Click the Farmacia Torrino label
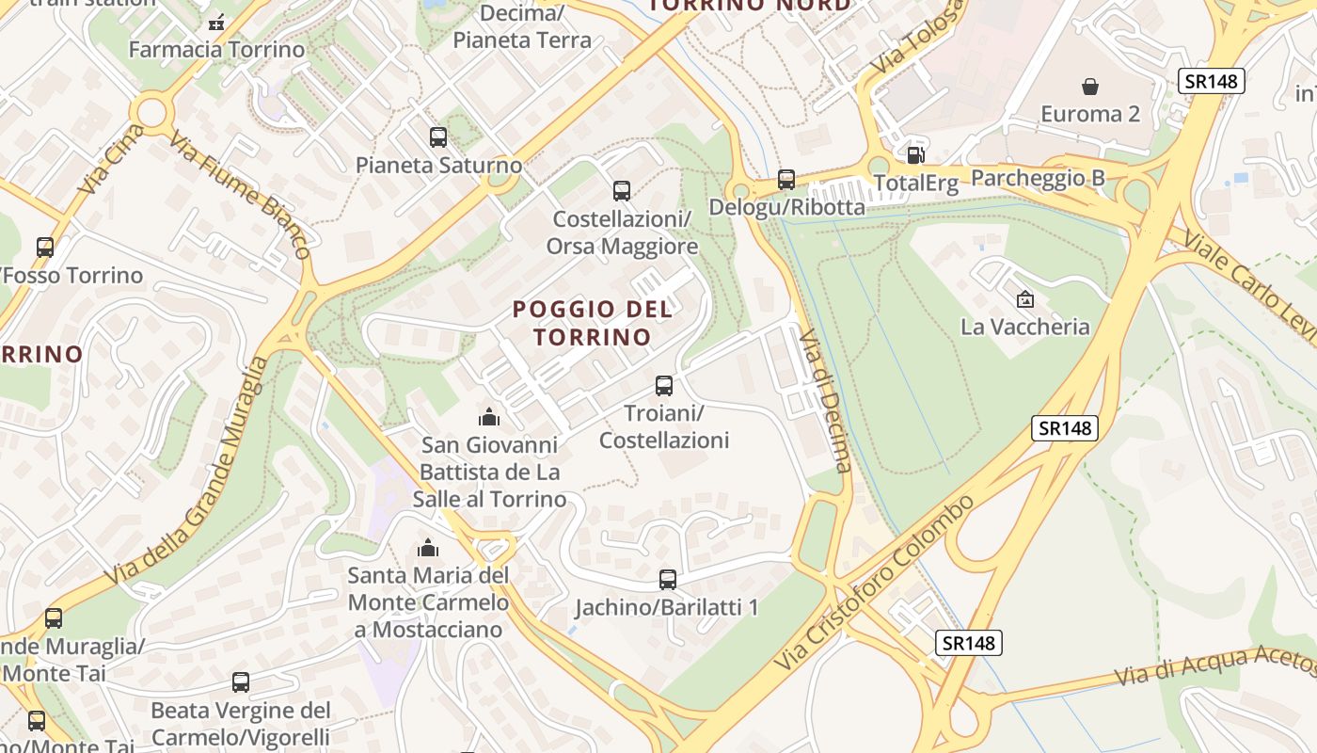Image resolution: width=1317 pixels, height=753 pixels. (x=216, y=49)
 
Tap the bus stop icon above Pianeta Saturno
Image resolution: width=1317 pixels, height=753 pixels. (x=438, y=136)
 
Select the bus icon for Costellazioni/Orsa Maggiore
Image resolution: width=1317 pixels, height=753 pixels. (x=622, y=191)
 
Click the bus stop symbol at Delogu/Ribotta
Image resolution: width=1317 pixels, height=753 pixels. (x=786, y=179)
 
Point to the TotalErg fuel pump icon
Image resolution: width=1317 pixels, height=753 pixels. (x=914, y=154)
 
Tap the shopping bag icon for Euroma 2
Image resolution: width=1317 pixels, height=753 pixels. (x=1090, y=88)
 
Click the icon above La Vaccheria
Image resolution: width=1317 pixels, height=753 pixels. (x=1025, y=299)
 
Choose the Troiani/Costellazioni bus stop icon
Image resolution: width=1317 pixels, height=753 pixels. (x=664, y=385)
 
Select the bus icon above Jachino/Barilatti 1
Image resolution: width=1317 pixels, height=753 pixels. (x=668, y=579)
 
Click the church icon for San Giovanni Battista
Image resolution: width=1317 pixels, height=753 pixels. (x=489, y=416)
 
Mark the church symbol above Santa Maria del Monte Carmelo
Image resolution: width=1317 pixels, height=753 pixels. (x=428, y=547)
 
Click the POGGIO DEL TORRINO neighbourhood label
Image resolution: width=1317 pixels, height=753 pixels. (x=593, y=323)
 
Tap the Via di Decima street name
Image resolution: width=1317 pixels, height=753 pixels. (x=825, y=400)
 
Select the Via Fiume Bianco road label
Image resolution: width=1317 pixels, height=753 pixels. (x=239, y=194)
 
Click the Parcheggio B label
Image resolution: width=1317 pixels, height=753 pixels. (x=1038, y=178)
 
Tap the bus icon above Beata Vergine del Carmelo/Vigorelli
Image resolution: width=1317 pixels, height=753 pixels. (x=241, y=682)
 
